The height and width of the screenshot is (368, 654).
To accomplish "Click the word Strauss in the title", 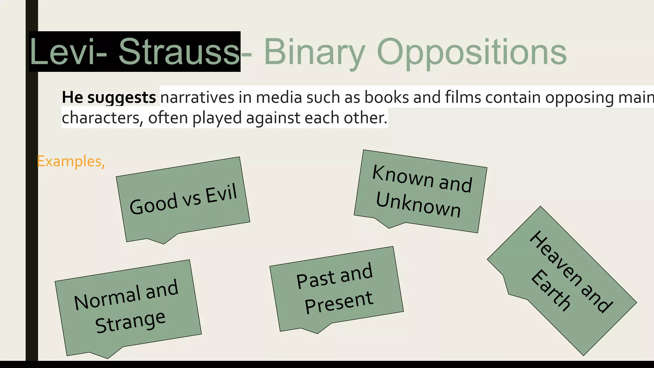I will tap(179, 52).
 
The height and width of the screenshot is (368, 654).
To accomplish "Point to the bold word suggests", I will tap(121, 97).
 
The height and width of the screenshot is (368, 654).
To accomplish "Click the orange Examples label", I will tap(71, 161).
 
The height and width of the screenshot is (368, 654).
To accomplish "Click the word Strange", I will tap(130, 322).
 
